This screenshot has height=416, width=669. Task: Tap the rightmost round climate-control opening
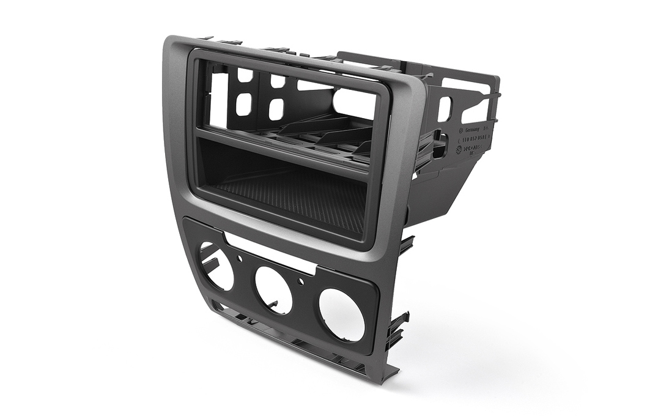coord(342,314)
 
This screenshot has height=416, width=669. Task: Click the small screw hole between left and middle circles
coord(239,258)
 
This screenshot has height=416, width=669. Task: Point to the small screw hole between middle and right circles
coord(300,282)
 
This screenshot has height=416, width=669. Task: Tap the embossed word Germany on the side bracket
coord(475,131)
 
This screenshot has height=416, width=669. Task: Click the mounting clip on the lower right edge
coord(397,325)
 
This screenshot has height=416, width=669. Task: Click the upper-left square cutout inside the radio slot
coord(245,75)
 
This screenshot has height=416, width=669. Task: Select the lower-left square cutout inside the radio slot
coord(243,105)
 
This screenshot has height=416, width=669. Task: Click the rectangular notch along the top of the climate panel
coord(269,248)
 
